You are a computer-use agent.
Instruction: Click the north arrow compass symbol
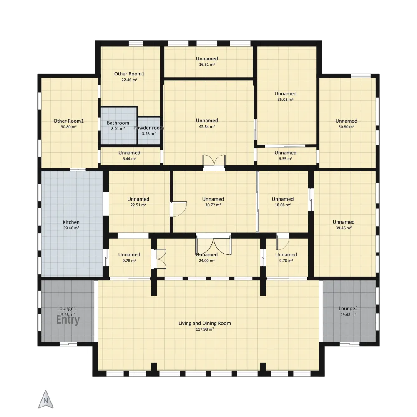[x=46, y=399]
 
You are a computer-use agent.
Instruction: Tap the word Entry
[x=68, y=320]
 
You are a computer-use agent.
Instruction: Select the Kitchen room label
[x=71, y=222]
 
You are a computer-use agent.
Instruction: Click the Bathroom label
[x=118, y=123]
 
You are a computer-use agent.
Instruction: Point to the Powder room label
[x=149, y=128]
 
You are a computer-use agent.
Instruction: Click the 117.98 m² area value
[x=205, y=329]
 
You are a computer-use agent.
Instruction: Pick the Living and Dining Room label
[x=204, y=324]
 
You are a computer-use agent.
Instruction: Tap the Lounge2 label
[x=348, y=309]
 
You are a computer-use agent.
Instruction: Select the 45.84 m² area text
[x=207, y=127]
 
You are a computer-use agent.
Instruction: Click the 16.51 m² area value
[x=207, y=65]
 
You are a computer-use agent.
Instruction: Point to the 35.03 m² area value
[x=285, y=100]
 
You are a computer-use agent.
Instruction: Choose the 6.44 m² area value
[x=129, y=159]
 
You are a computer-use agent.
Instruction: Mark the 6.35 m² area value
[x=285, y=159]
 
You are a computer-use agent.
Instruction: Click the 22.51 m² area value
[x=138, y=205]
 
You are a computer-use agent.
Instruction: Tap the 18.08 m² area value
[x=283, y=205]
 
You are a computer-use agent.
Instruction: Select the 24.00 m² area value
[x=207, y=261]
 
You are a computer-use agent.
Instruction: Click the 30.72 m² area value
[x=213, y=205]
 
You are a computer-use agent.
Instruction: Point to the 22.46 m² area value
[x=129, y=80]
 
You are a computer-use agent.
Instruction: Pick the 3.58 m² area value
[x=149, y=134]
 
